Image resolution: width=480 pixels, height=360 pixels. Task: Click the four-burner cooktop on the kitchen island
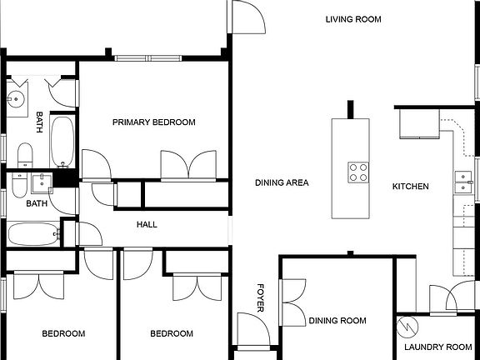pos(358,172)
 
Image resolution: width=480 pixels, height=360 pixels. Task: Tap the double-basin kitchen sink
pos(460,182)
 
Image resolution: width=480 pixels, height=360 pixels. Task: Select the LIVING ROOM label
pos(353,19)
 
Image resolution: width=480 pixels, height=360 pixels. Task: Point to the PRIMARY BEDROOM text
pos(154,122)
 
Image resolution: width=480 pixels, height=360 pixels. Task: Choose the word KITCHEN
pos(410,187)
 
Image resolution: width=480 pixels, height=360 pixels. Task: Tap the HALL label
pos(147,224)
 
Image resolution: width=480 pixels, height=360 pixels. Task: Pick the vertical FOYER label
pos(260,297)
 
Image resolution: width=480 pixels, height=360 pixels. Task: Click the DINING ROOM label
pos(337,321)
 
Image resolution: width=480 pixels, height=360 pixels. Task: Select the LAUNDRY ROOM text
pos(437,347)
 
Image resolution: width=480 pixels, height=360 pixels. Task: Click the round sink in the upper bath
pos(16,100)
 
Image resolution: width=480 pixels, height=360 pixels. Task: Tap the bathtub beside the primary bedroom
pos(62,142)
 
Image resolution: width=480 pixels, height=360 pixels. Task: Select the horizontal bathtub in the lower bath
pos(33,233)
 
